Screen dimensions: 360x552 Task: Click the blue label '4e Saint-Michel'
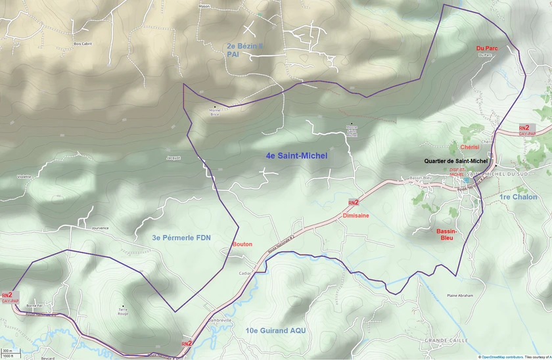point(296,156)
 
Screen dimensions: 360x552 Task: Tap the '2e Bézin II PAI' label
point(244,51)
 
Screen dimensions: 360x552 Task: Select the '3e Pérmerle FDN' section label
point(181,238)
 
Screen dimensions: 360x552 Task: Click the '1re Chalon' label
point(518,197)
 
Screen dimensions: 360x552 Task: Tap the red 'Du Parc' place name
point(486,48)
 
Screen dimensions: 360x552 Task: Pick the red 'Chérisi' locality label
point(470,147)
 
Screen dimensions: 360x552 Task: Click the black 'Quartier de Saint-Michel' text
point(456,160)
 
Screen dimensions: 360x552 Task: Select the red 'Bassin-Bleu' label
point(447,235)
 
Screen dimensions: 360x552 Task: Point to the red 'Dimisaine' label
point(356,215)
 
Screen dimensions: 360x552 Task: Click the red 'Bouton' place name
point(242,244)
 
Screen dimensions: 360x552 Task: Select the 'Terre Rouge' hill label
point(122,310)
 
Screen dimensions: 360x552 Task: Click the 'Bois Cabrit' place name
point(83,43)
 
